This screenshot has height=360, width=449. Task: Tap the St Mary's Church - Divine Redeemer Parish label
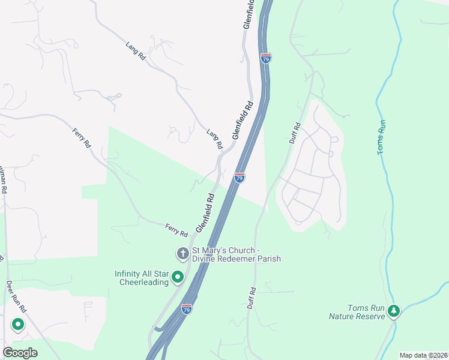[236, 254]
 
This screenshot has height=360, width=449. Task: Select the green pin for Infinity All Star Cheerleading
[178, 277]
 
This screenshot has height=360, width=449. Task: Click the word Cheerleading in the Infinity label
[143, 282]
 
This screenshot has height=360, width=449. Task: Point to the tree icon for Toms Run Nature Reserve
[393, 311]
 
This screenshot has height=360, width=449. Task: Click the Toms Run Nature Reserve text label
[357, 312]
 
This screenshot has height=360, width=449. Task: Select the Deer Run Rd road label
[17, 296]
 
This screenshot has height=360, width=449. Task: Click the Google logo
[20, 353]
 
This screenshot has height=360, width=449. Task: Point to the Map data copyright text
[423, 355]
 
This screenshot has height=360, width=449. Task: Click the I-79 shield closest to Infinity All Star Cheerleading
[187, 310]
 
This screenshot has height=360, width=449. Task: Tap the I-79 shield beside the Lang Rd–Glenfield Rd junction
[240, 178]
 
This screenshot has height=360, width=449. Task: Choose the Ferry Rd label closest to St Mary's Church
[176, 229]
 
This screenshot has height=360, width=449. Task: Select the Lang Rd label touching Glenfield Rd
[214, 139]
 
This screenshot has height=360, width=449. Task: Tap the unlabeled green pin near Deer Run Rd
[17, 325]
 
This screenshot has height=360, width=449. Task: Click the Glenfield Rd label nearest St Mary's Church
[204, 213]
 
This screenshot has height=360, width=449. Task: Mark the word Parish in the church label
[270, 259]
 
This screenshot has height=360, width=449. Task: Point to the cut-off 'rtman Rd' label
[3, 178]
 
